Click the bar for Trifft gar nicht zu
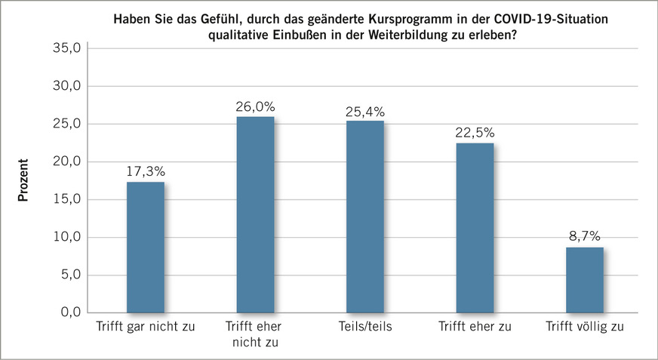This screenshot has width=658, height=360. [146, 247]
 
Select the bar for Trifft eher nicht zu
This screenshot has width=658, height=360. [255, 214]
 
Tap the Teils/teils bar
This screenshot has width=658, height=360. [365, 217]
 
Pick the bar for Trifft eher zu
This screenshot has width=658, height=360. [475, 227]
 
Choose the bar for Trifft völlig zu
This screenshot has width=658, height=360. [585, 279]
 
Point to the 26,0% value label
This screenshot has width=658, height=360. [255, 107]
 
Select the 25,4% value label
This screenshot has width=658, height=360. [365, 112]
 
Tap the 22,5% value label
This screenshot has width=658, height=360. [475, 134]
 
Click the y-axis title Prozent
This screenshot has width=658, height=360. [23, 180]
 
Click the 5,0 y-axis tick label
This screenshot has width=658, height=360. [69, 275]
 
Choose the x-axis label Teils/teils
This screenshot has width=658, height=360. [365, 328]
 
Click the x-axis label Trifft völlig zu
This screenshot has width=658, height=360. [585, 328]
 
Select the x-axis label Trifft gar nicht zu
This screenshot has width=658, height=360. [146, 328]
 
